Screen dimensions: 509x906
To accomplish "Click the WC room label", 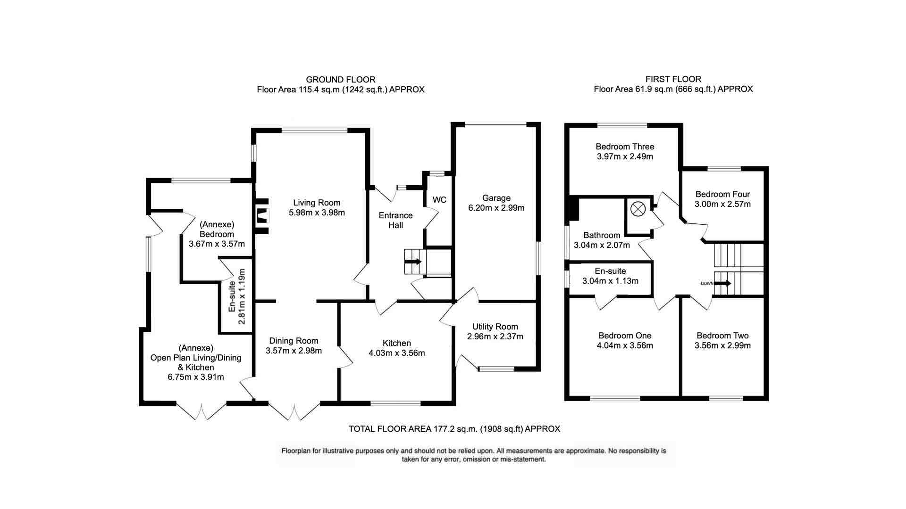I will [439, 200].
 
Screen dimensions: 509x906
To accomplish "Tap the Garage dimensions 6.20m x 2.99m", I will [496, 208].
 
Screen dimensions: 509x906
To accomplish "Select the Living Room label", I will [317, 203].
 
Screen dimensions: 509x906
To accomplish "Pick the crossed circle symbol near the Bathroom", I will [638, 209].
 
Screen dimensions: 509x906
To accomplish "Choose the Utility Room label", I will [495, 327].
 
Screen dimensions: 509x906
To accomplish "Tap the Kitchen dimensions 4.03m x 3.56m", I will [396, 353].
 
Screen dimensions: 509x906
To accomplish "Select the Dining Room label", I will [294, 341].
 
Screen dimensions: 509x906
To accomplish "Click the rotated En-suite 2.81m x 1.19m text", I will [237, 296].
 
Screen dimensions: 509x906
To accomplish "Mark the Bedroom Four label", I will [722, 194].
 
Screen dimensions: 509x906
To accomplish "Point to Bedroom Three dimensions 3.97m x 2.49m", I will [625, 156].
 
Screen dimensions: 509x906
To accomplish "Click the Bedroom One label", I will [625, 336].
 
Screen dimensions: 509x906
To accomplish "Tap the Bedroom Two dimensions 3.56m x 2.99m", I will [722, 345].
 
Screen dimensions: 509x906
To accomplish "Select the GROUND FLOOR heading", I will [341, 80].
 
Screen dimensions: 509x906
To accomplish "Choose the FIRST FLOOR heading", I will [673, 79].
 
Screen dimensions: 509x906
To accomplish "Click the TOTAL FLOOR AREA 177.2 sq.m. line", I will [454, 429].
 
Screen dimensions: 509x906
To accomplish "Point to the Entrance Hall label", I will [395, 220].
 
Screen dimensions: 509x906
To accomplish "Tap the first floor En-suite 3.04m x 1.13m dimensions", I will [610, 281].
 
